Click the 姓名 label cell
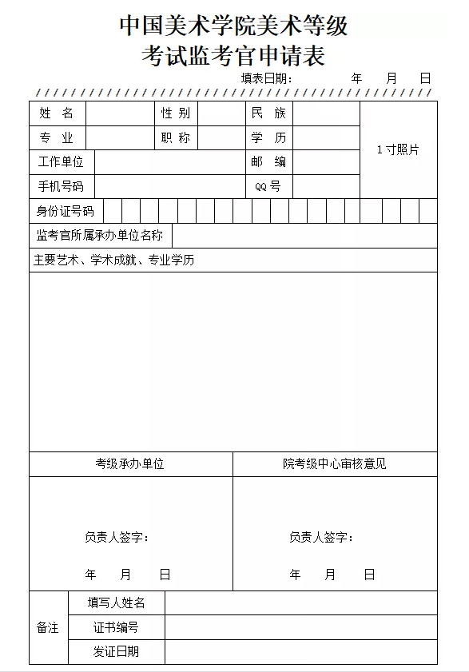(x=57, y=113)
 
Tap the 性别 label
(x=176, y=113)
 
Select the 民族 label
(x=268, y=113)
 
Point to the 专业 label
(x=57, y=138)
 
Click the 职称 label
(x=176, y=138)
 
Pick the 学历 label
(x=268, y=138)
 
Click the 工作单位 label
(x=61, y=162)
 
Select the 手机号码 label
(x=61, y=186)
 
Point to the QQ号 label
(x=268, y=187)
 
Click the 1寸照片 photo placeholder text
(x=398, y=149)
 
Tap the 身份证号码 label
(x=65, y=211)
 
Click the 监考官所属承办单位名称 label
(x=100, y=236)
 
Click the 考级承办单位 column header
(x=130, y=463)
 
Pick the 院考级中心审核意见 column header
(x=335, y=463)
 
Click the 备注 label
(x=48, y=628)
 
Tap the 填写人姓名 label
(x=117, y=603)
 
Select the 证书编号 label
(x=117, y=627)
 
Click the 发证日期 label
(x=117, y=651)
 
